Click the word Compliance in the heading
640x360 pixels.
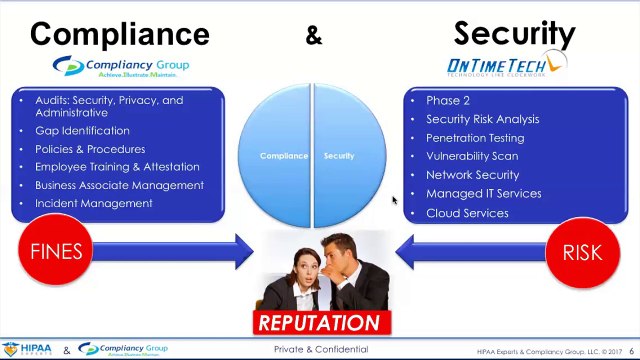(119, 33)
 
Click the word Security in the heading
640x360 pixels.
(514, 33)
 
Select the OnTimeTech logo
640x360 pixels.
(506, 66)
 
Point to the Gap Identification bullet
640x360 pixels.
(82, 131)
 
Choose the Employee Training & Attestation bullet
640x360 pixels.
(117, 167)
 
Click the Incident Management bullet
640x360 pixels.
(93, 203)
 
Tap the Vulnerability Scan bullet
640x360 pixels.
(472, 156)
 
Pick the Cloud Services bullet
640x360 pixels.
(467, 213)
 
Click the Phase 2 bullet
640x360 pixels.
(448, 100)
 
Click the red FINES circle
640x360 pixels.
(57, 250)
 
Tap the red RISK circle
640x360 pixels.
(582, 251)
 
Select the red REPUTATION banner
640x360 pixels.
(319, 323)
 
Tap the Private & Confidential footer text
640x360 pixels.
(321, 350)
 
